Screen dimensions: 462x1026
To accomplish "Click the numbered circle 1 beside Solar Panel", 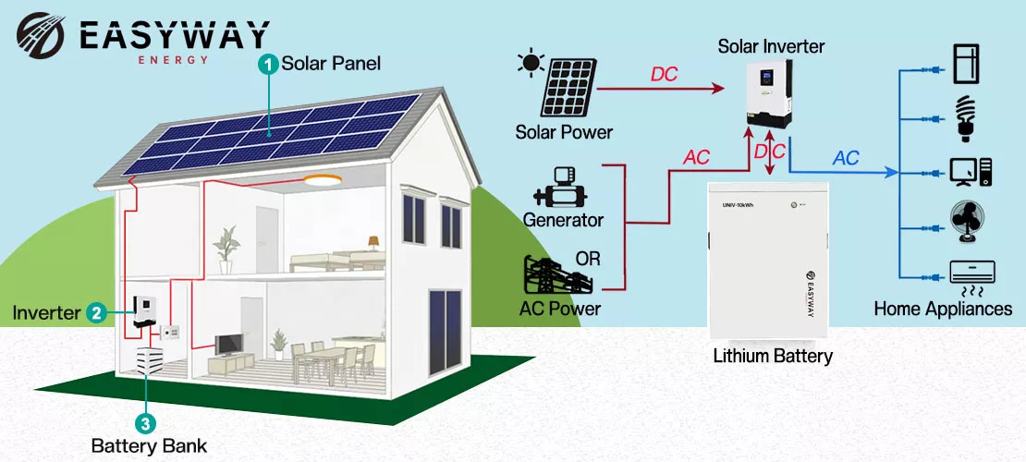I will click(x=268, y=64).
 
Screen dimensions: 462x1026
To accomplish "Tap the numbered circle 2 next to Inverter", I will click(x=95, y=312).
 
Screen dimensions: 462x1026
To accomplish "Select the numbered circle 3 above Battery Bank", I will click(x=144, y=423).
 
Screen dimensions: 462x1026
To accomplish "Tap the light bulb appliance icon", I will click(x=965, y=117).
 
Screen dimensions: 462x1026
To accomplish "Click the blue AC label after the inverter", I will click(x=846, y=158).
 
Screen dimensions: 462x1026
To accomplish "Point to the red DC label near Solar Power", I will click(x=665, y=75).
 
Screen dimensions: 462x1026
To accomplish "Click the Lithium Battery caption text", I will click(x=773, y=356).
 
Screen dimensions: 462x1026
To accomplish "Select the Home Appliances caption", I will click(x=943, y=310).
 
